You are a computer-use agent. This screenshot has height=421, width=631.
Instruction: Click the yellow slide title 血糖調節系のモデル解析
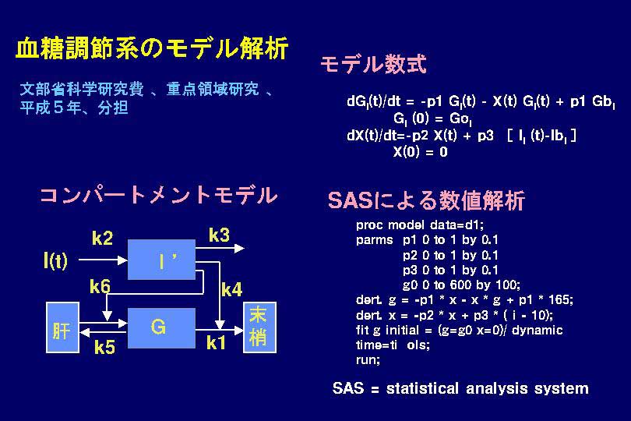pyautogui.click(x=152, y=48)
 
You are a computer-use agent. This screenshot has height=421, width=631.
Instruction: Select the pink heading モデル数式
pyautogui.click(x=373, y=65)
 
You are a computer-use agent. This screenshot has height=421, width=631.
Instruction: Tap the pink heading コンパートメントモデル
pyautogui.click(x=159, y=196)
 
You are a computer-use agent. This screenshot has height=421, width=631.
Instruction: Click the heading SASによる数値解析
pyautogui.click(x=426, y=200)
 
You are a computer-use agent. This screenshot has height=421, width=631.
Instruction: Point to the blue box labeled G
pyautogui.click(x=161, y=328)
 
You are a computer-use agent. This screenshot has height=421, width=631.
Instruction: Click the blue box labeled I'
pyautogui.click(x=161, y=260)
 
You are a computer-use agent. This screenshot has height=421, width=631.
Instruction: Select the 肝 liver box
pyautogui.click(x=62, y=327)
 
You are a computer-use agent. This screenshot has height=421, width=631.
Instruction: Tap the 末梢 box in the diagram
pyautogui.click(x=259, y=327)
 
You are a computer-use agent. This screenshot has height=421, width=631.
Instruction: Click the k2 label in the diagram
pyautogui.click(x=102, y=239)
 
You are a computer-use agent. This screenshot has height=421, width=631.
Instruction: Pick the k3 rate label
pyautogui.click(x=220, y=235)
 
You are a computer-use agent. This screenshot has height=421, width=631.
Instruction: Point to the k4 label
pyautogui.click(x=232, y=290)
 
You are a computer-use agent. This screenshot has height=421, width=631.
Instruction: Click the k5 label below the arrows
pyautogui.click(x=104, y=347)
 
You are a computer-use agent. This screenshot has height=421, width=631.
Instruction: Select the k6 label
pyautogui.click(x=100, y=287)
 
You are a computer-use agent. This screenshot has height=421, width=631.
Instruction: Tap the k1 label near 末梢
pyautogui.click(x=216, y=343)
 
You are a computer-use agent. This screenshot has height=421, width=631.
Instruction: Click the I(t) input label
pyautogui.click(x=55, y=260)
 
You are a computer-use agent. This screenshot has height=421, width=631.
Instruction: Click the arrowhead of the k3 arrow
pyautogui.click(x=240, y=248)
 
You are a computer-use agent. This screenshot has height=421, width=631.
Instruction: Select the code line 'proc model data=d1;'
pyautogui.click(x=420, y=225)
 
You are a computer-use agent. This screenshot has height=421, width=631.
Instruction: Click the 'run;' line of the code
pyautogui.click(x=368, y=359)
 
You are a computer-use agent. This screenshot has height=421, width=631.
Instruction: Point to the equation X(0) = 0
pyautogui.click(x=420, y=152)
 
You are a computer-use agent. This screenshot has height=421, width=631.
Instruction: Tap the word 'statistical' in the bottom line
pyautogui.click(x=422, y=388)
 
